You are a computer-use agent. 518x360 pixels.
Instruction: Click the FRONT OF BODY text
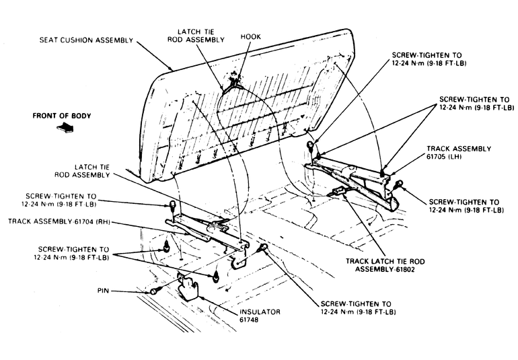62,116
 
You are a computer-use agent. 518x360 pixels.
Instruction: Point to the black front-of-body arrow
67,127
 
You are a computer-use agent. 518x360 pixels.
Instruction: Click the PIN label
104,291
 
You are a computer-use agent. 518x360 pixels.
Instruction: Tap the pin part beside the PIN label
155,291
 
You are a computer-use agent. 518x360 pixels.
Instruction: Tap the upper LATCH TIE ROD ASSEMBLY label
199,36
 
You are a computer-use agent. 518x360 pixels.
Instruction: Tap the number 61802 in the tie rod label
408,269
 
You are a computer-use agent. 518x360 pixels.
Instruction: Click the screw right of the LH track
400,184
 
